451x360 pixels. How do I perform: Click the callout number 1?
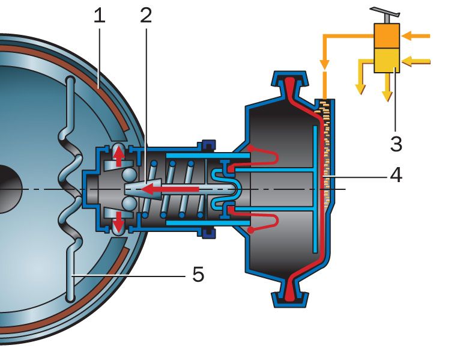100,16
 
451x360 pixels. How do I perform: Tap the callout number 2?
146,16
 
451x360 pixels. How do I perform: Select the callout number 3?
396,144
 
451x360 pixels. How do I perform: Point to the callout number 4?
396,175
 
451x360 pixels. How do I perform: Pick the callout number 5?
199,275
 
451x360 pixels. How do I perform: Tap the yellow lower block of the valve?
386,60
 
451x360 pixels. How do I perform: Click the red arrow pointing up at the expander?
119,155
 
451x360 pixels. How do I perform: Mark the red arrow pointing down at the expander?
119,223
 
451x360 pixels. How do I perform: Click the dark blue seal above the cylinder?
209,145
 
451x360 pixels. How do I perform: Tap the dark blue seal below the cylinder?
209,233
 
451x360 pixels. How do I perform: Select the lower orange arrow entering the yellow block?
417,61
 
